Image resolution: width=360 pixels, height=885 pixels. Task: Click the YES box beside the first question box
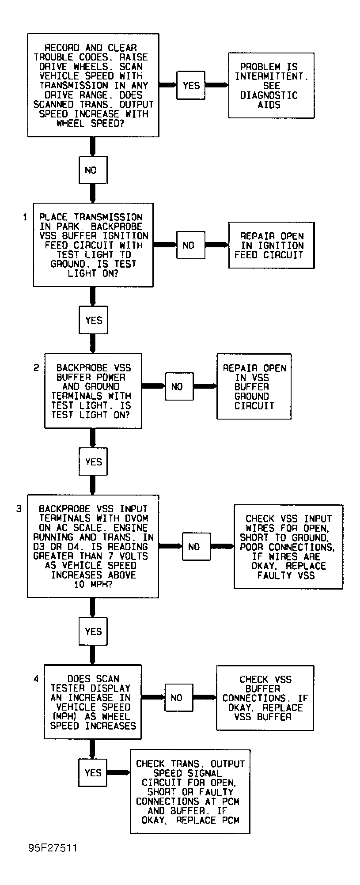pyautogui.click(x=191, y=85)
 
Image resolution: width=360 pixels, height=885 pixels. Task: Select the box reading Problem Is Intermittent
pyautogui.click(x=271, y=85)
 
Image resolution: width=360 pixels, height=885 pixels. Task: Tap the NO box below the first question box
pyautogui.click(x=93, y=170)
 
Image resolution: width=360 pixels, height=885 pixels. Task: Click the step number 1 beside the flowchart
pyautogui.click(x=25, y=217)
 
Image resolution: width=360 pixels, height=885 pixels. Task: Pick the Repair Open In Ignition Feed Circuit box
pyautogui.click(x=271, y=245)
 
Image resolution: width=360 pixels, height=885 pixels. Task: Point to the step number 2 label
pyautogui.click(x=36, y=367)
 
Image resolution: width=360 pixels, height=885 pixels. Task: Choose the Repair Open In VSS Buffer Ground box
pyautogui.click(x=254, y=386)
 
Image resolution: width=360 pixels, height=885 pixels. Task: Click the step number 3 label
pyautogui.click(x=19, y=509)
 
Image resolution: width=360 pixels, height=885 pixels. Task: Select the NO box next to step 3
pyautogui.click(x=193, y=547)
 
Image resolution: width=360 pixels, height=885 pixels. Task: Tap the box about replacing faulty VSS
pyautogui.click(x=288, y=547)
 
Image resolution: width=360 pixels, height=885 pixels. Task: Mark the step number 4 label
pyautogui.click(x=36, y=679)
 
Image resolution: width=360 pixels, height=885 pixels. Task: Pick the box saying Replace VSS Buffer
pyautogui.click(x=265, y=698)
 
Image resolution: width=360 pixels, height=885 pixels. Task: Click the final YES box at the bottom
pyautogui.click(x=93, y=772)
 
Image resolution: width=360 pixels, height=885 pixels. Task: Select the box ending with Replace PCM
pyautogui.click(x=190, y=791)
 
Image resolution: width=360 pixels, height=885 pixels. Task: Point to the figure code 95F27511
pyautogui.click(x=53, y=848)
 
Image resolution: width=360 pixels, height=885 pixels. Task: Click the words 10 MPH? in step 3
pyautogui.click(x=93, y=584)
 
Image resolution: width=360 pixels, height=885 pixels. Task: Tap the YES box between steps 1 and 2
pyautogui.click(x=93, y=320)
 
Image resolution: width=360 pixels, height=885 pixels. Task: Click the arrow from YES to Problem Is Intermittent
pyautogui.click(x=217, y=85)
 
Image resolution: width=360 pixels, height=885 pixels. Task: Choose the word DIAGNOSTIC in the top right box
pyautogui.click(x=269, y=95)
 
